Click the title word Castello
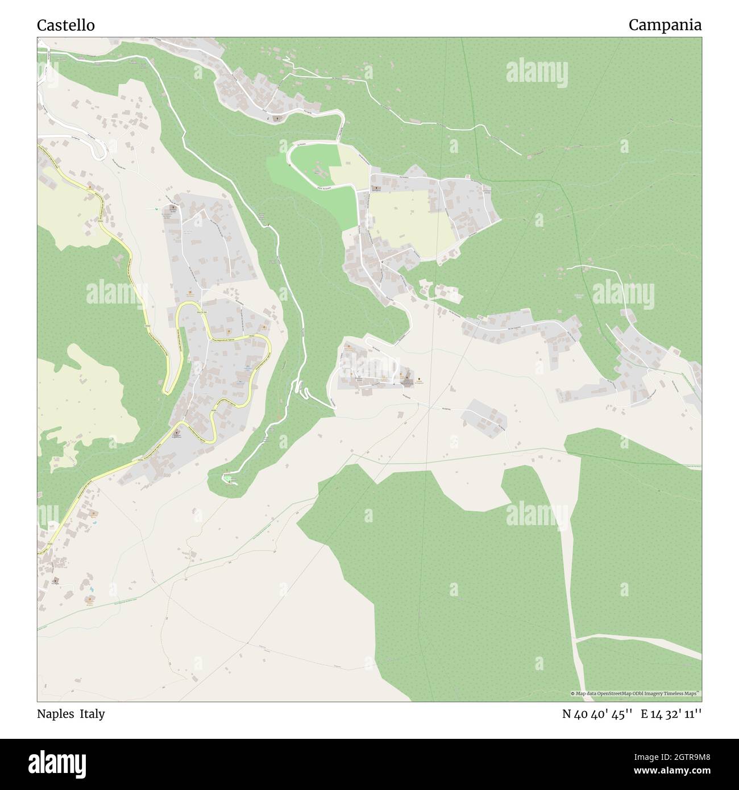tap(66, 26)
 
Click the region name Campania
tap(665, 25)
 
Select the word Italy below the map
tap(92, 714)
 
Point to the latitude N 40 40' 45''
tap(597, 714)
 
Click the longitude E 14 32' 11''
tap(671, 714)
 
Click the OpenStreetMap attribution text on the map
tap(636, 693)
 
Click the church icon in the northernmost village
tap(277, 118)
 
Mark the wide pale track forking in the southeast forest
tap(577, 639)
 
